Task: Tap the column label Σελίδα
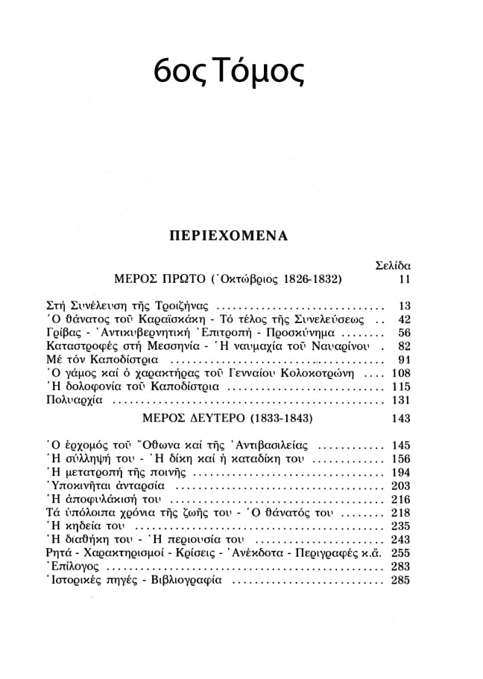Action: point(391,265)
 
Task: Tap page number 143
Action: point(400,418)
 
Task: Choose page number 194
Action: point(400,473)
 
